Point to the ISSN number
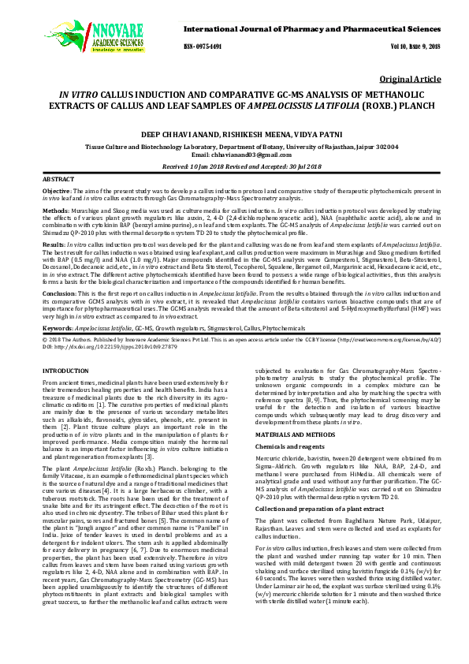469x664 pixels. (x=203, y=47)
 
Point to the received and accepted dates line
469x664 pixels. (x=233, y=168)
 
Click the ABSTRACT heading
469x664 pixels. (x=58, y=181)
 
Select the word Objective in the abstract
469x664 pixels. (x=55, y=192)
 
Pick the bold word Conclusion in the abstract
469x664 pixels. (x=58, y=293)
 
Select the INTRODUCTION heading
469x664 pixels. (x=65, y=370)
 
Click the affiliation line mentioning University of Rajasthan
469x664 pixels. (x=233, y=147)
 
